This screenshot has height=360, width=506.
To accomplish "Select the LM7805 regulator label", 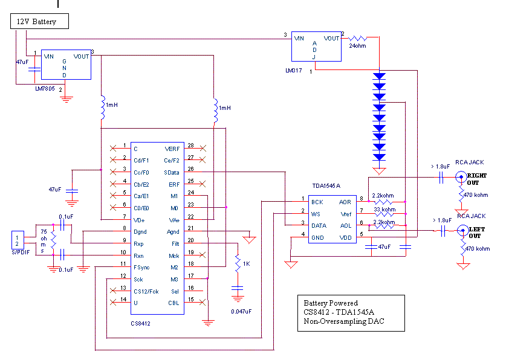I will pyautogui.click(x=46, y=88).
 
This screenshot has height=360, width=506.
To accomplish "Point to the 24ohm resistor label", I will pyautogui.click(x=358, y=45).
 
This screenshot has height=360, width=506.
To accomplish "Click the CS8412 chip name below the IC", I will pyautogui.click(x=140, y=323).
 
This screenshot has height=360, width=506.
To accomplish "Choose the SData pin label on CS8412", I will pyautogui.click(x=172, y=172).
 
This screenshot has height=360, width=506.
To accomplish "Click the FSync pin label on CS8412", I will pyautogui.click(x=143, y=267).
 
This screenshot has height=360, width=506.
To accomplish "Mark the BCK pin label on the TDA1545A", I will pyautogui.click(x=317, y=201).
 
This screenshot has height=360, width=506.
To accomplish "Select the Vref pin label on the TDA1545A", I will pyautogui.click(x=346, y=213).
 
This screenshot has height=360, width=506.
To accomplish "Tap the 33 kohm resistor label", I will pyautogui.click(x=384, y=210).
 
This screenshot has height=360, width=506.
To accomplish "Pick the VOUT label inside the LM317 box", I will pyautogui.click(x=331, y=38).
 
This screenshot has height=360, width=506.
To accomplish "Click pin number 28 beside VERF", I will pyautogui.click(x=190, y=146).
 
